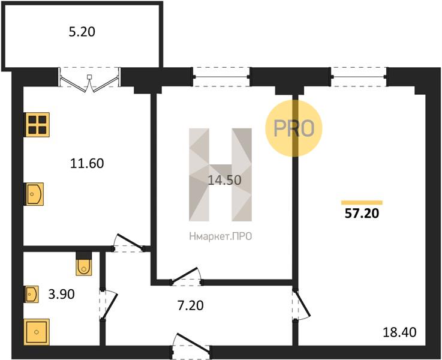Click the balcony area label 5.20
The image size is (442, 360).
[x=82, y=32]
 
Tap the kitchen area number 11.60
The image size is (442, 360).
[x=87, y=164]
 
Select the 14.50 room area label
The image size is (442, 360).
[x=224, y=180]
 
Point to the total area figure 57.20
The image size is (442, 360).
[x=362, y=214]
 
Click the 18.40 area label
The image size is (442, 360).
[x=399, y=332]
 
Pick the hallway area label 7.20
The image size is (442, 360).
[x=191, y=305]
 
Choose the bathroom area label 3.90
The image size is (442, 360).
[x=61, y=294]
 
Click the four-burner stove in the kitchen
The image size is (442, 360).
[x=37, y=125]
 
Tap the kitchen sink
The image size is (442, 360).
[x=34, y=194]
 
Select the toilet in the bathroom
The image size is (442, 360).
[x=84, y=263]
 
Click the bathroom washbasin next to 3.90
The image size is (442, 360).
[x=31, y=295]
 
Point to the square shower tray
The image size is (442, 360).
[x=37, y=332]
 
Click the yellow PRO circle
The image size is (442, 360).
[x=294, y=128]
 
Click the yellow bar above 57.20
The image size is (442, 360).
[x=362, y=202]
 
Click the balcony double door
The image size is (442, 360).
[x=89, y=80]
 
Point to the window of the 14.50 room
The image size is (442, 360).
[x=221, y=77]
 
